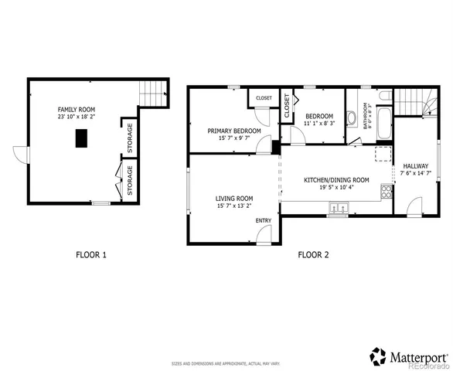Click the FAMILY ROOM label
coord(77,110)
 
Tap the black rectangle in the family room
coord(81,138)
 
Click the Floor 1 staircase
coord(153,94)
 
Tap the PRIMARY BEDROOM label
coord(233,131)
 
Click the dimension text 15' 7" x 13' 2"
coord(234,206)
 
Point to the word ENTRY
coord(263,221)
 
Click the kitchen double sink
coord(338,208)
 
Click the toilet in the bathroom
coord(384,97)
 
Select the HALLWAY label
coord(416,165)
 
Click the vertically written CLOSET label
coord(287,106)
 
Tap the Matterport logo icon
coord(378,356)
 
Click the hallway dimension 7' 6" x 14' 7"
coord(416,174)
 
